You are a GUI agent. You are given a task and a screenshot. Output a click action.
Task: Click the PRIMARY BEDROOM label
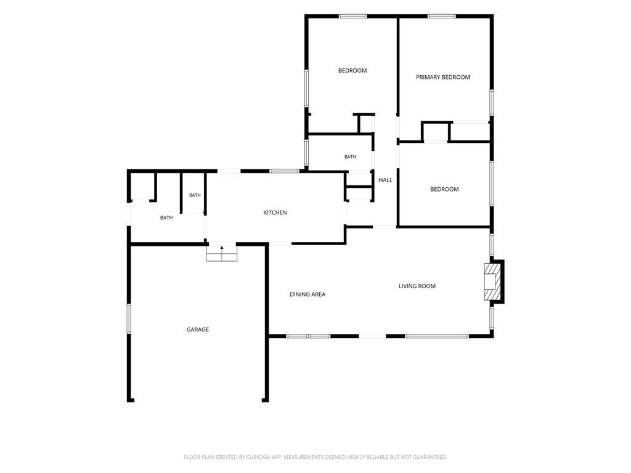(x=442, y=77)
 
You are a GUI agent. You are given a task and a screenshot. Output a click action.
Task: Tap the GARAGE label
(x=198, y=329)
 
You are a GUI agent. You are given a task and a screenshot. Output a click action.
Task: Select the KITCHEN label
(x=275, y=212)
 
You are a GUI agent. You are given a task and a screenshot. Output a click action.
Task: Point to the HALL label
(x=385, y=180)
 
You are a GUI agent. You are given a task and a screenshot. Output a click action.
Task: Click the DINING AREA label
(x=307, y=294)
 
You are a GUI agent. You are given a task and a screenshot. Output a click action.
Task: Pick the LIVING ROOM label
(x=417, y=286)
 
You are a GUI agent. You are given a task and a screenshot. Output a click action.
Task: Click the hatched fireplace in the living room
(x=492, y=281)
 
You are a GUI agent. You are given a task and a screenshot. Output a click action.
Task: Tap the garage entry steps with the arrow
(x=222, y=253)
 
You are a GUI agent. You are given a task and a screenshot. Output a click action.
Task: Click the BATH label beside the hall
(x=350, y=157)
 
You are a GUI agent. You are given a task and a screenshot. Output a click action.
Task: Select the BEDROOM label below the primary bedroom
(x=444, y=189)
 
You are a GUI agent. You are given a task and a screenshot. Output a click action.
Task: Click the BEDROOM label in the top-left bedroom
(x=352, y=70)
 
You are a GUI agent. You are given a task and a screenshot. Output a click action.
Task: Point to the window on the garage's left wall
(x=129, y=318)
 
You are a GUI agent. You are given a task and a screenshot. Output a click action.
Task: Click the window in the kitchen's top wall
(x=284, y=171)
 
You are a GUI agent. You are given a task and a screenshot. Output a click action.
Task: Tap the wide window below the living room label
(x=437, y=336)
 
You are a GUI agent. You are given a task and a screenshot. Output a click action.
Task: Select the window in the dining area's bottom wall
(x=308, y=336)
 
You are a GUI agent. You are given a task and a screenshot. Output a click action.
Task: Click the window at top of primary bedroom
(x=441, y=16)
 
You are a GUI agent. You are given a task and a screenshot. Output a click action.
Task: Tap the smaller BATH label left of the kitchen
(x=195, y=195)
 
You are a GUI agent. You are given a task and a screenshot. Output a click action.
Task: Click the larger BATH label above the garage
(x=166, y=217)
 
